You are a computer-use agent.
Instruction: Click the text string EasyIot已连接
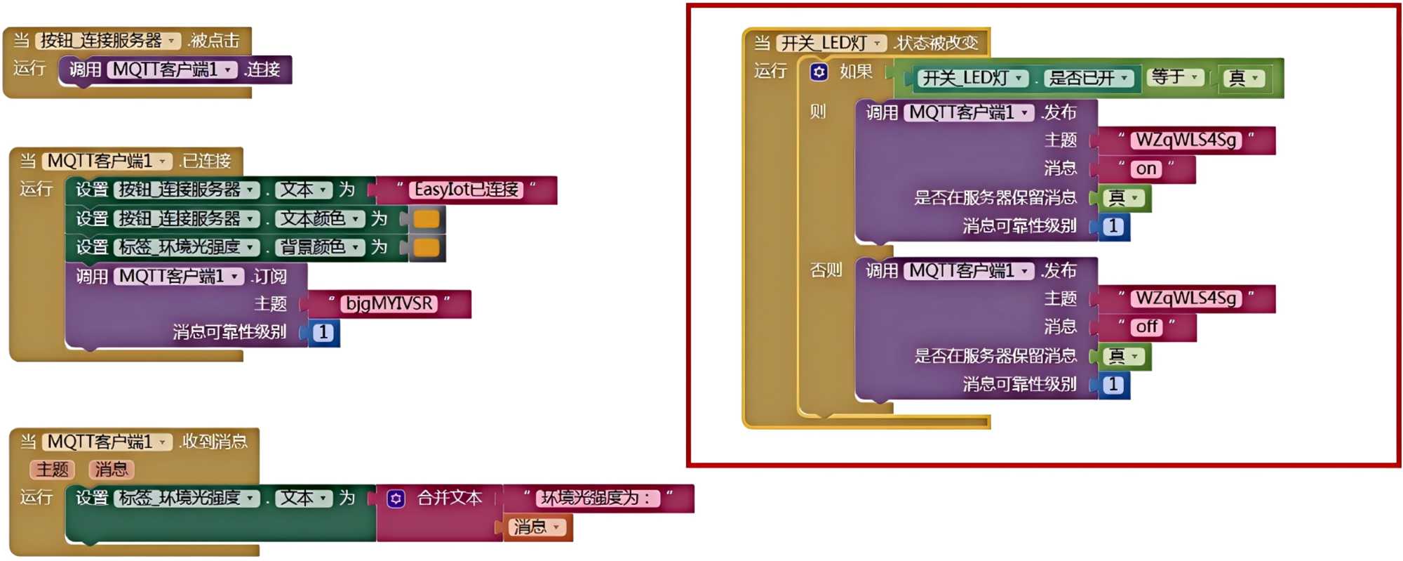tap(466, 190)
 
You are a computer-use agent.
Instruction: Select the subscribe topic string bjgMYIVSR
tap(389, 304)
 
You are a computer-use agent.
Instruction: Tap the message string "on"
tap(1146, 169)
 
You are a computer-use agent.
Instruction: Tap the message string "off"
tap(1146, 327)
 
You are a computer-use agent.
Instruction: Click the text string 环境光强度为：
tap(598, 499)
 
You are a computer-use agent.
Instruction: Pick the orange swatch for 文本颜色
tap(427, 219)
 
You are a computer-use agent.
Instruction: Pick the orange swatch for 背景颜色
tap(427, 248)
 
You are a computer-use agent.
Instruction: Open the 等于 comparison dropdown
tap(1176, 77)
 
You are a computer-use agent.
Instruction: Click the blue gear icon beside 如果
tap(819, 72)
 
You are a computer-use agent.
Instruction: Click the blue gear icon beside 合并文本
tap(396, 499)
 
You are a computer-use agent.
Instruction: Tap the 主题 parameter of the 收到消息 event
tap(53, 470)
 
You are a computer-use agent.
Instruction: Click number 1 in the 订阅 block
tap(323, 333)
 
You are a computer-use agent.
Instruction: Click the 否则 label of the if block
tap(826, 270)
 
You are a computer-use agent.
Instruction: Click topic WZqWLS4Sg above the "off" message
tap(1186, 298)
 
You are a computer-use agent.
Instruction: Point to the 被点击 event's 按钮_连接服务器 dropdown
tap(108, 41)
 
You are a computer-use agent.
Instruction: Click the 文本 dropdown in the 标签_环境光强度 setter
tap(304, 499)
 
